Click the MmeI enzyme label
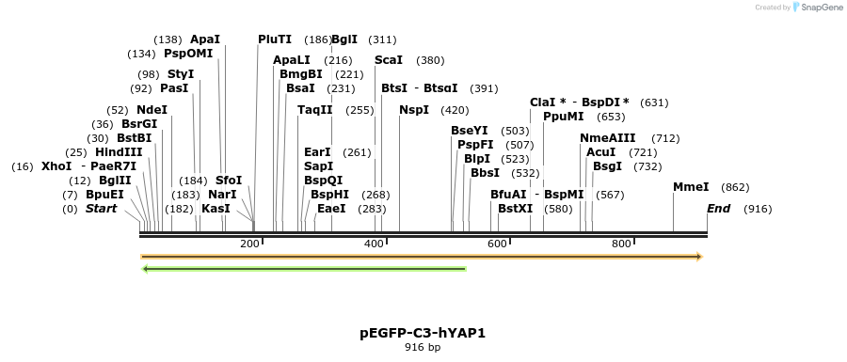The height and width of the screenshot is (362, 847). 691,187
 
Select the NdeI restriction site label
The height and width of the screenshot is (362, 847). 152,110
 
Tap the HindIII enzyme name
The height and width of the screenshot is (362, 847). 119,152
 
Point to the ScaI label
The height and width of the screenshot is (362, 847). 389,60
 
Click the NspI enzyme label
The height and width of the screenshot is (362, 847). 414,110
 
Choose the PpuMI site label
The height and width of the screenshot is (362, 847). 564,117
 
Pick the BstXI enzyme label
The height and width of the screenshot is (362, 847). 516,209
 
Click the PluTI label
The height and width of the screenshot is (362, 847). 275,39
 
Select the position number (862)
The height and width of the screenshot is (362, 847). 735,188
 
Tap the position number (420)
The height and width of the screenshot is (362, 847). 455,111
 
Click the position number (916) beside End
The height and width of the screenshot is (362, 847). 758,210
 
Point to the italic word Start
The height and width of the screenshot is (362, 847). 101,209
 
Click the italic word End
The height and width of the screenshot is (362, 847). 718,209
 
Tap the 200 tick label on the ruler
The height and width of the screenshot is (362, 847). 249,244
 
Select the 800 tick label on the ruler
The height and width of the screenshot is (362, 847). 621,244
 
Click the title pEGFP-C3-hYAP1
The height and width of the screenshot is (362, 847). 423,333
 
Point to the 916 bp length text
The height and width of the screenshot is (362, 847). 423,348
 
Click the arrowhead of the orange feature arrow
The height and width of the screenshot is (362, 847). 699,257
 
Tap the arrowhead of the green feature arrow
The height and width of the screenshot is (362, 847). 145,269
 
